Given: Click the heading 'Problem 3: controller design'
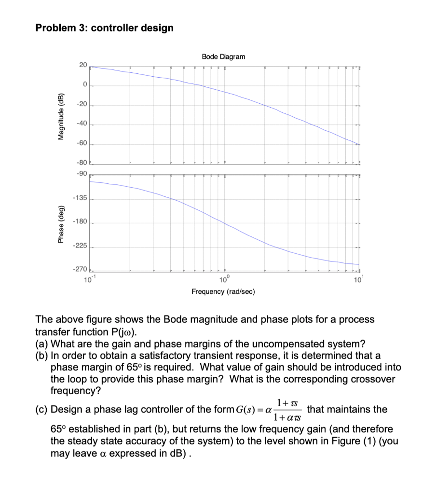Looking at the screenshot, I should pyautogui.click(x=104, y=28).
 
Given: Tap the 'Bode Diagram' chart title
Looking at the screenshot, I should pyautogui.click(x=223, y=56).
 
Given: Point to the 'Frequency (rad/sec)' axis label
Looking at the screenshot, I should pyautogui.click(x=223, y=292).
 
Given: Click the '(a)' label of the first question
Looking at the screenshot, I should pyautogui.click(x=42, y=344).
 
